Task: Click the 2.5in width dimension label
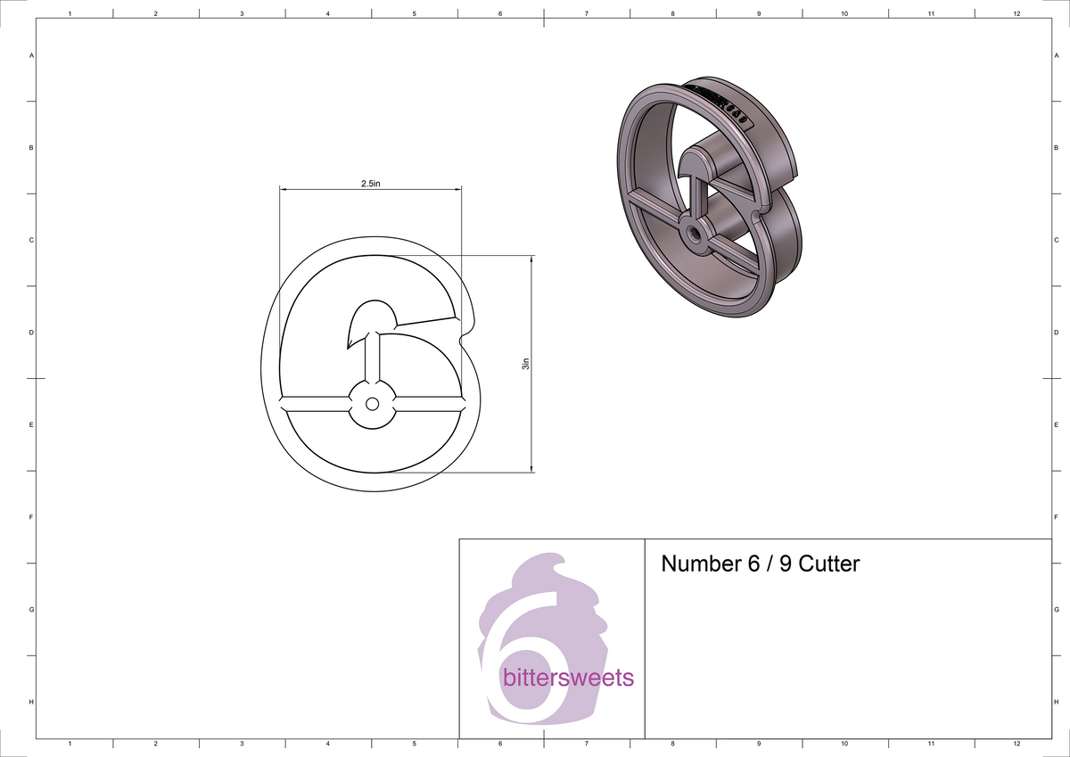[371, 184]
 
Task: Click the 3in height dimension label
[526, 364]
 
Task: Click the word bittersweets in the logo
[568, 679]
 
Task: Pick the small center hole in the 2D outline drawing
[372, 404]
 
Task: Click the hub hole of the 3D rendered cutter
[692, 230]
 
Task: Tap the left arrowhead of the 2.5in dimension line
[284, 189]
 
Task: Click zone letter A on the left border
[32, 55]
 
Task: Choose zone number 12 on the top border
[1017, 14]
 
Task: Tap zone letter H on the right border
[1056, 702]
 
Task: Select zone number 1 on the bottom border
[70, 743]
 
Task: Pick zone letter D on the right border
[1056, 333]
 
